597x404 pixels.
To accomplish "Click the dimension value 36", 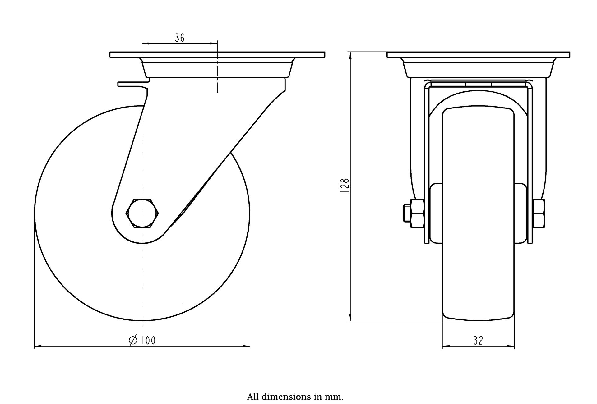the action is tap(180, 38).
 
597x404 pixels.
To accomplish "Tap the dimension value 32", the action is tap(478, 341).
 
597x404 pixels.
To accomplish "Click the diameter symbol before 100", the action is tap(133, 341).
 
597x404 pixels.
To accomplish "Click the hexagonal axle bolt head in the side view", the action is tap(142, 213).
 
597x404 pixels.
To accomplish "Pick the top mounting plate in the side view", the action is tap(217, 55).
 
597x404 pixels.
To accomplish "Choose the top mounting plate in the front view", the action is tap(478, 55).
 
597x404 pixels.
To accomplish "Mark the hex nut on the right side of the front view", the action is tap(539, 213).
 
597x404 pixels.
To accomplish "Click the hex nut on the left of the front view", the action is tap(417, 213).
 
